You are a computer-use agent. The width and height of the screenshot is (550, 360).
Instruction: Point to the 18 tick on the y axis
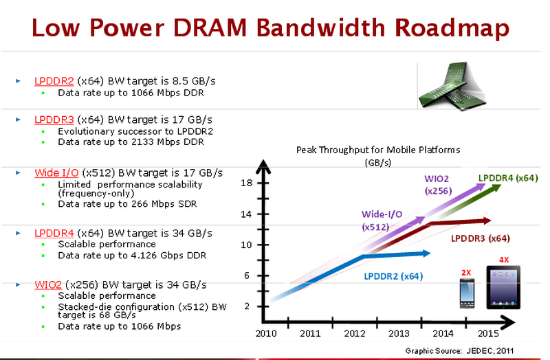pos(247,183)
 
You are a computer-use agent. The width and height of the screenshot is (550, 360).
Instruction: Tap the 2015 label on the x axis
pos(487,334)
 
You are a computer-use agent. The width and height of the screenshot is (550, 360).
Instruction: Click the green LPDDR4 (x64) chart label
pos(507,179)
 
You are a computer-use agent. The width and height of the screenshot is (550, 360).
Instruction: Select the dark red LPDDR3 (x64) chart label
pos(480,238)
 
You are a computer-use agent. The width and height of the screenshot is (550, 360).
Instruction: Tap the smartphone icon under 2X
pos(467,295)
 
